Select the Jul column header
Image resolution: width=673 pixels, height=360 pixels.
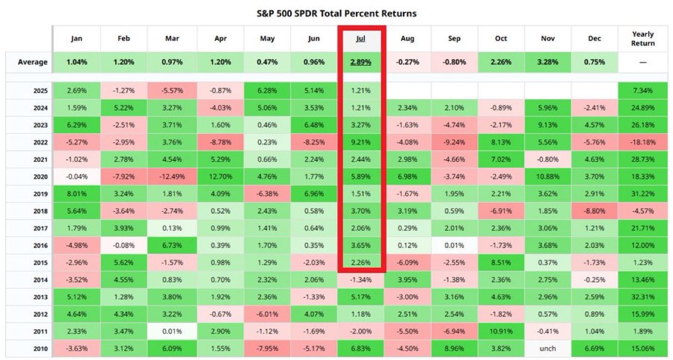point(361,39)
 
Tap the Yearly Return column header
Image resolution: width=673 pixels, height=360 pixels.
point(643,39)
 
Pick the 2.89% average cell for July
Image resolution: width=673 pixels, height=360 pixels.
point(361,63)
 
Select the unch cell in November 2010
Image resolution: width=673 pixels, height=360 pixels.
point(548,349)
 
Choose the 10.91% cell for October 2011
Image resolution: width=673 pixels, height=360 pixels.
point(501,332)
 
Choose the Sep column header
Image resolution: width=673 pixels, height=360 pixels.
point(454,39)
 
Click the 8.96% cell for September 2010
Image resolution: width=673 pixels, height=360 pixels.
point(454,349)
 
